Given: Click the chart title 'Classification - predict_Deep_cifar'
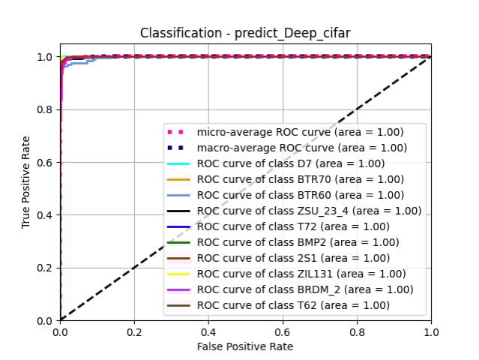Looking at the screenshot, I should [245, 34].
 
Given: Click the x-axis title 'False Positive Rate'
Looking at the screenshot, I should [245, 346].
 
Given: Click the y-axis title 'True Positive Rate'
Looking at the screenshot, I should [26, 182].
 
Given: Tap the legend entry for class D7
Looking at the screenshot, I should [291, 163].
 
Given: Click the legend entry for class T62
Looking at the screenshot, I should [293, 305].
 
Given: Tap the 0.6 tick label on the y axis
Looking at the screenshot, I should [45, 162].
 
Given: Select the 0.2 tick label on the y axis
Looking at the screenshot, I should [45, 268].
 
